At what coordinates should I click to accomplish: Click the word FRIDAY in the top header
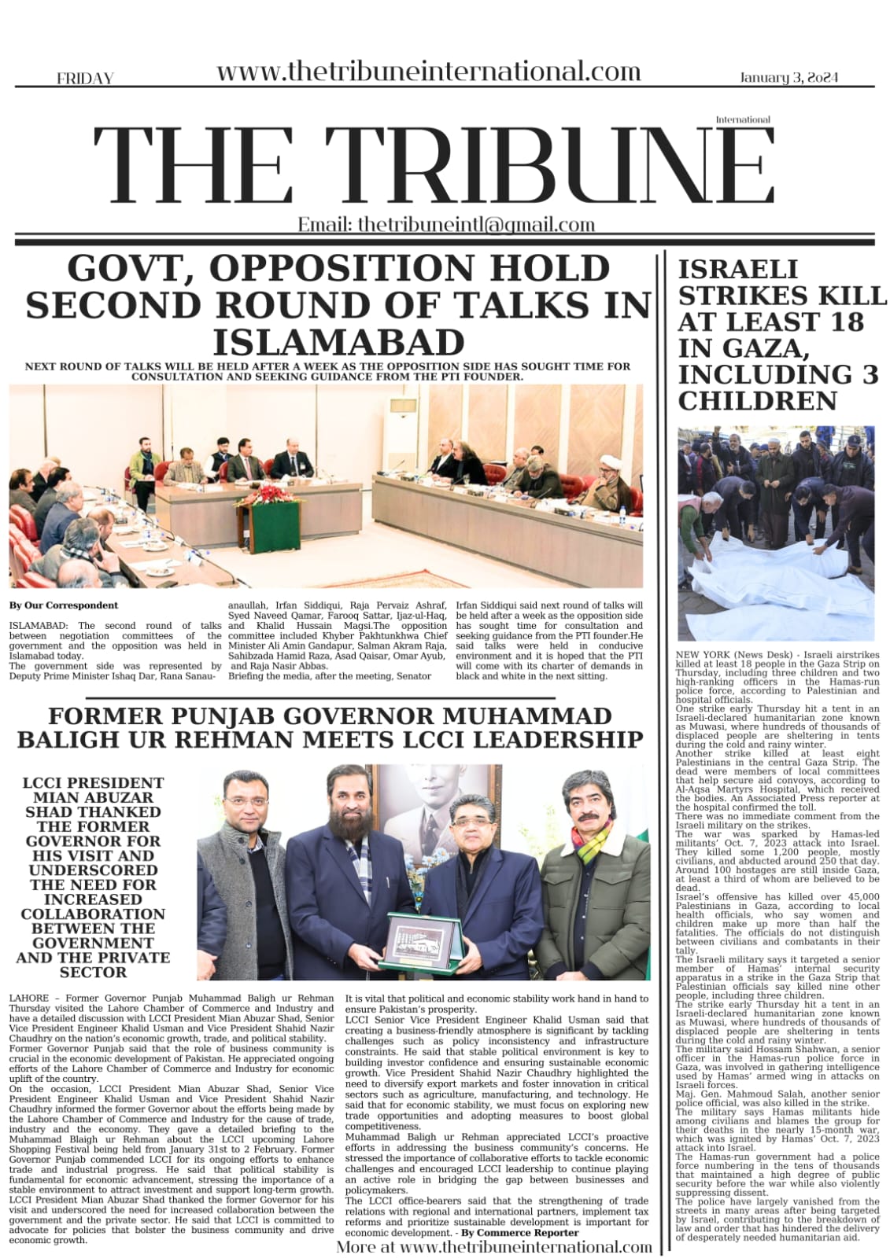(x=85, y=78)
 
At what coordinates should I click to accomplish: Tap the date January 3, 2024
(x=788, y=77)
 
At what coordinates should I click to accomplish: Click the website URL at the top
(x=428, y=72)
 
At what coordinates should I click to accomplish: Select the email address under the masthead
(x=446, y=225)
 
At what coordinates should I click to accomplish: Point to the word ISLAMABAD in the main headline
(x=339, y=343)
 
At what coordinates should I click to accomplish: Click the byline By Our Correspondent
(x=64, y=605)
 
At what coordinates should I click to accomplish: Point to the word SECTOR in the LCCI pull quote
(x=93, y=972)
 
